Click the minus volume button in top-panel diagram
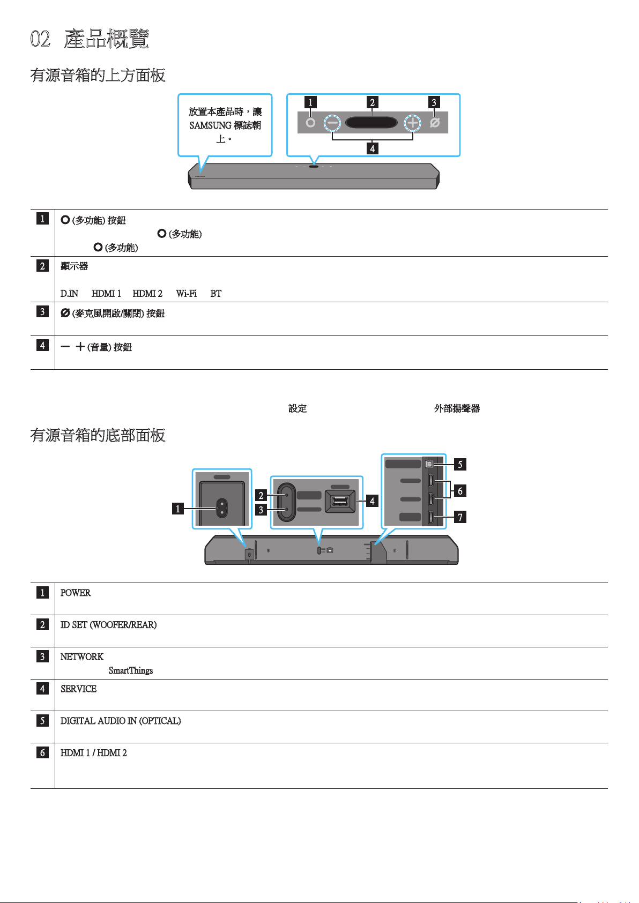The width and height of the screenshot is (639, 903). point(332,123)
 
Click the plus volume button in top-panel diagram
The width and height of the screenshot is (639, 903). point(412,123)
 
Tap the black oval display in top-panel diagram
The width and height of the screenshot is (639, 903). point(371,123)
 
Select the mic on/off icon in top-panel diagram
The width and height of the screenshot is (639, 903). point(435,123)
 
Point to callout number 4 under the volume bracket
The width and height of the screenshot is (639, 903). point(372,148)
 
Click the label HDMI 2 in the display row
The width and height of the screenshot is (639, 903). point(147,294)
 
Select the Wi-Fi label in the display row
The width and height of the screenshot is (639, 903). point(186,294)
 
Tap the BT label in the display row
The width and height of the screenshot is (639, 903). point(216,294)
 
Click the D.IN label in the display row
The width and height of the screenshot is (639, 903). point(69,294)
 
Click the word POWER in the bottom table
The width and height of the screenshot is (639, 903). point(76,593)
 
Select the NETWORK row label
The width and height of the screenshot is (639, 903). point(82,656)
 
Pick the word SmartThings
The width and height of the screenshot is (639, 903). point(131,670)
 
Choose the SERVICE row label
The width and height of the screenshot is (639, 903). point(79,689)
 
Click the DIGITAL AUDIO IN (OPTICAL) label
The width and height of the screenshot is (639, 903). point(121,721)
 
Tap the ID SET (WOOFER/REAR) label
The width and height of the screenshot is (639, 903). point(108,625)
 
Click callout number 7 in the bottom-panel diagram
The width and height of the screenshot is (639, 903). point(460,517)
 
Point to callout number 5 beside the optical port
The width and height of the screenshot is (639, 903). point(460,465)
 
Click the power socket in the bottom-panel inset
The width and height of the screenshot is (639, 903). point(222,508)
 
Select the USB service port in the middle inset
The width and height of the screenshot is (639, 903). point(340,501)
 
